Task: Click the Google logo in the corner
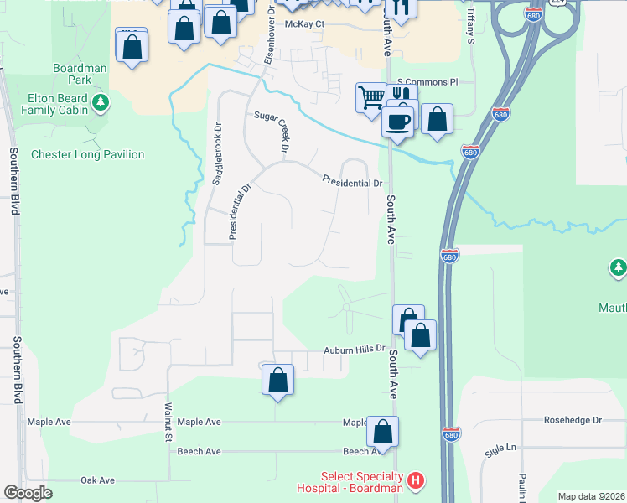click(x=28, y=493)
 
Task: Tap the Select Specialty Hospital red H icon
click(x=416, y=481)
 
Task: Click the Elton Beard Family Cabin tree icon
click(x=101, y=103)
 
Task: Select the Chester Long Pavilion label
click(x=87, y=154)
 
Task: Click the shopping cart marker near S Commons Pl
click(x=371, y=96)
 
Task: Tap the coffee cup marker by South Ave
click(x=397, y=121)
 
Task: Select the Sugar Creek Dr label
click(x=283, y=131)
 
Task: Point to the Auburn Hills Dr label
click(x=355, y=349)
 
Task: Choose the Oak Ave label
click(x=97, y=480)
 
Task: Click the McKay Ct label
click(x=304, y=23)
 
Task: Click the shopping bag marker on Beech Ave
click(x=382, y=432)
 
